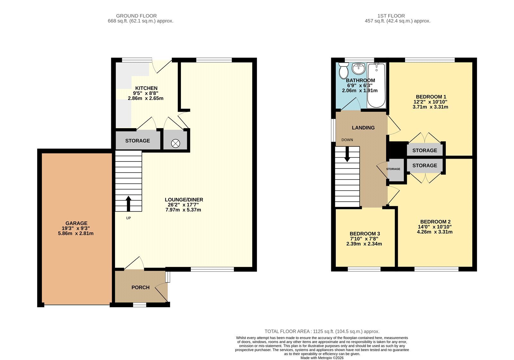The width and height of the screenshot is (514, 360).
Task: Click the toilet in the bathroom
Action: click(343, 70)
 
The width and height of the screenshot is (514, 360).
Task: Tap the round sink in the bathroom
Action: click(358, 68)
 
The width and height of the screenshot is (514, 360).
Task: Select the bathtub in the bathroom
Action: click(376, 85)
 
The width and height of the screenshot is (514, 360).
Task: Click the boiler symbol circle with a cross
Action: click(175, 144)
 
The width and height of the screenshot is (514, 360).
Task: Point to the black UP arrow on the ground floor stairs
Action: click(128, 204)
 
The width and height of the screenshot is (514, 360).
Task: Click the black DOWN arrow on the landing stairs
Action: click(347, 154)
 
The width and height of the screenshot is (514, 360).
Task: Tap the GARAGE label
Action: click(76, 223)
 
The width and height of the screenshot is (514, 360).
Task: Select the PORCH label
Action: click(140, 287)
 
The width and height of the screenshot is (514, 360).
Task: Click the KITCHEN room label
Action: click(146, 88)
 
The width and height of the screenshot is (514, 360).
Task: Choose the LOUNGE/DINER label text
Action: click(184, 200)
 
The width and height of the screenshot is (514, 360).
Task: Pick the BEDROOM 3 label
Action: click(365, 233)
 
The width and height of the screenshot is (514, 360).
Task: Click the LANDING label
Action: click(363, 127)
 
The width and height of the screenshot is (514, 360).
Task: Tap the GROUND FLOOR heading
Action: click(136, 16)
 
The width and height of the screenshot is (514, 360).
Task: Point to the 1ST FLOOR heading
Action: click(391, 16)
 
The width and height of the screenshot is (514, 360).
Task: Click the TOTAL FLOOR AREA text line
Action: click(322, 331)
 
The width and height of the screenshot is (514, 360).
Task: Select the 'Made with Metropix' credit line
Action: click(322, 358)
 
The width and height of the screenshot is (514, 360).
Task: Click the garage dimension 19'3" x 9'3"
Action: click(76, 228)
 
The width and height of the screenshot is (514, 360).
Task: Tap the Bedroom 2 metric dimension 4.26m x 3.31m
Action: click(435, 232)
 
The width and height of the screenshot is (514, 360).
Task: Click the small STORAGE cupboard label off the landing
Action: click(393, 169)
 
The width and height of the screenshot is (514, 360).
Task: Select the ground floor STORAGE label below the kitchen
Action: click(137, 141)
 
